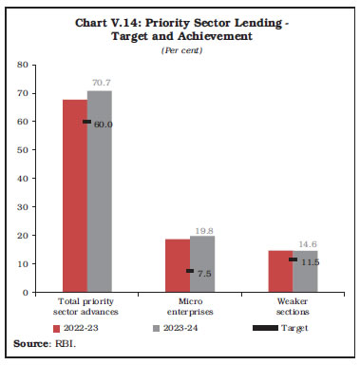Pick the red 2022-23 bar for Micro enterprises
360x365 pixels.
pyautogui.click(x=178, y=265)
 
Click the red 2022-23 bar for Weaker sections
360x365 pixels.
pyautogui.click(x=280, y=271)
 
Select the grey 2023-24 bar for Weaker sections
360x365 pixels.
pyautogui.click(x=304, y=271)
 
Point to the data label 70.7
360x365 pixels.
pyautogui.click(x=100, y=83)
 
